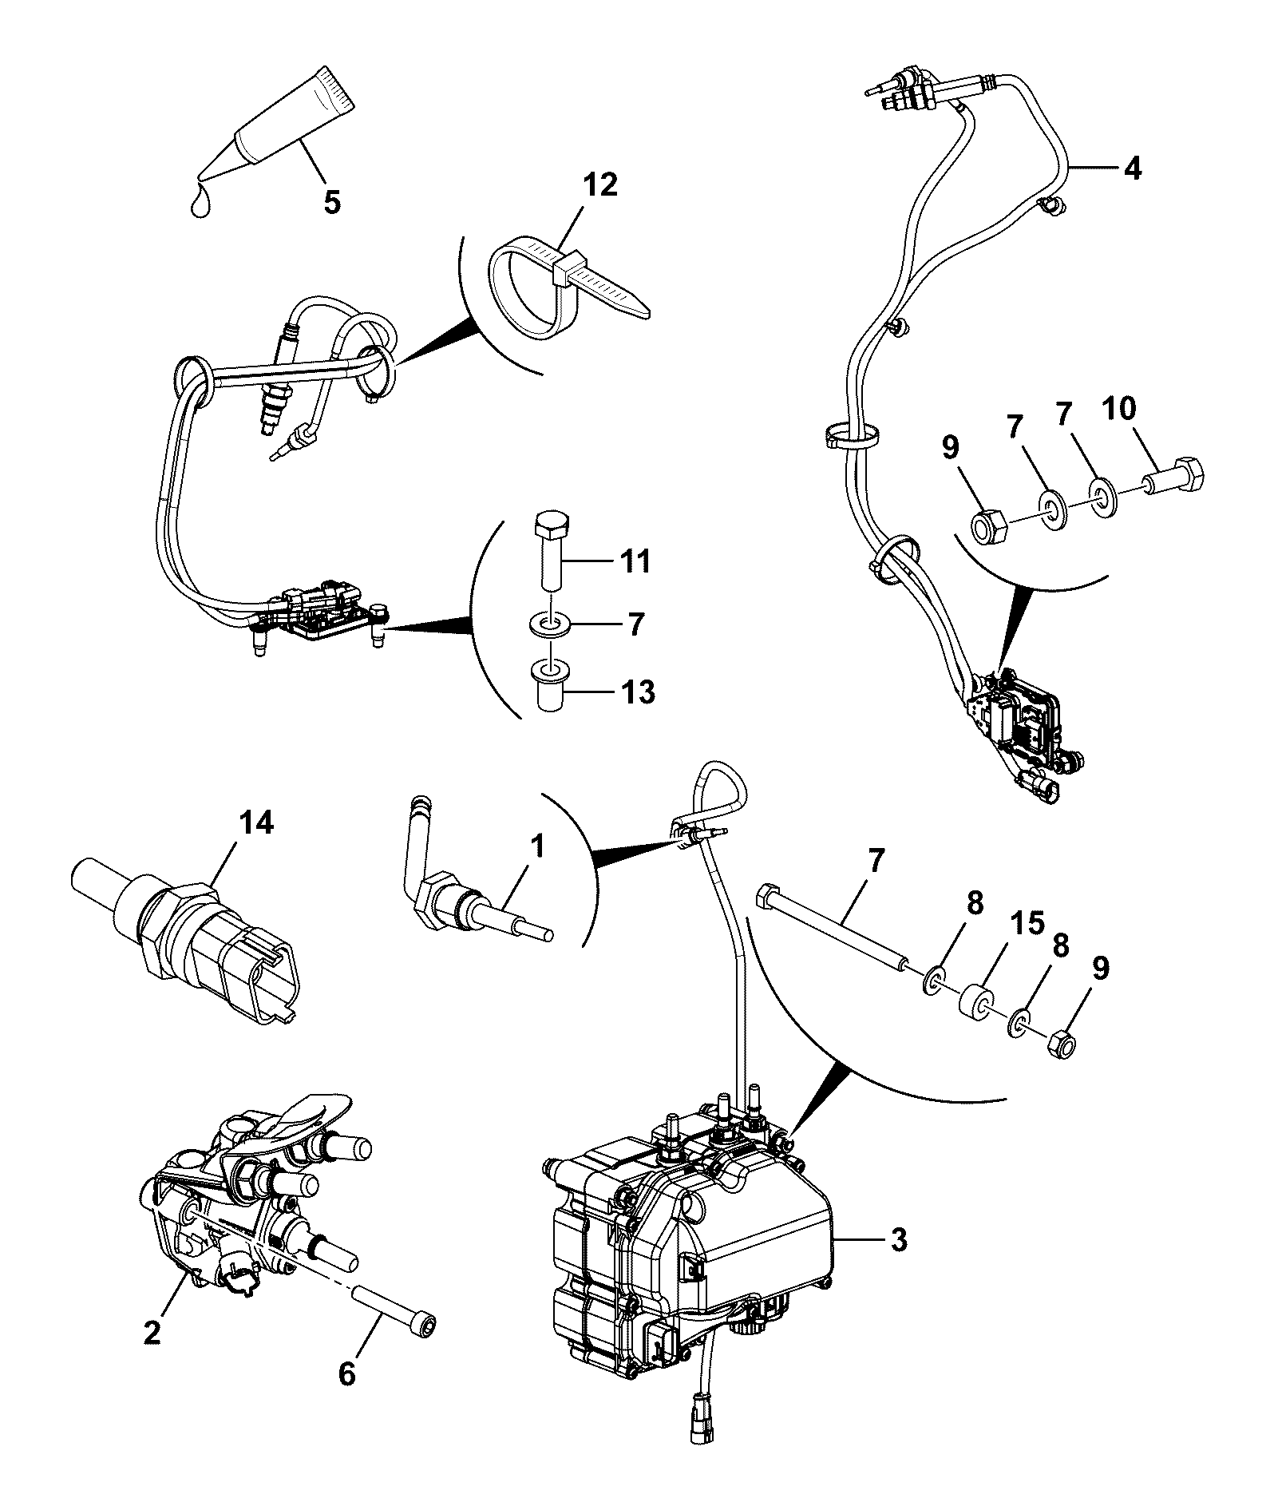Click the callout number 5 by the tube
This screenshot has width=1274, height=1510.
(332, 201)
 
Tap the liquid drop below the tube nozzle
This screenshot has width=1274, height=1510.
(201, 204)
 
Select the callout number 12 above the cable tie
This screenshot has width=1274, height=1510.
(599, 184)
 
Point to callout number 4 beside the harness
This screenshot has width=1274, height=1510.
(1132, 168)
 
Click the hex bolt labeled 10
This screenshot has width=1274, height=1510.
(1173, 478)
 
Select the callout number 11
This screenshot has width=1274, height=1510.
(635, 561)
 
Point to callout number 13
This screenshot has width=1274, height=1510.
(637, 692)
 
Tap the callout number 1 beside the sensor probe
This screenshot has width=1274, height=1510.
(537, 846)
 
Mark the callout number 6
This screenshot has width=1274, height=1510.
(346, 1373)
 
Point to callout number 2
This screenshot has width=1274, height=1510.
(151, 1332)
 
